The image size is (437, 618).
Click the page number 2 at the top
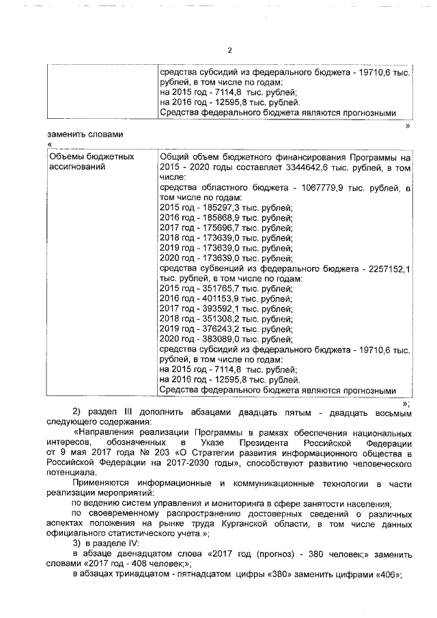[229, 50]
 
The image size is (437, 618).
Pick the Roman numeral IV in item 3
[132, 544]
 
